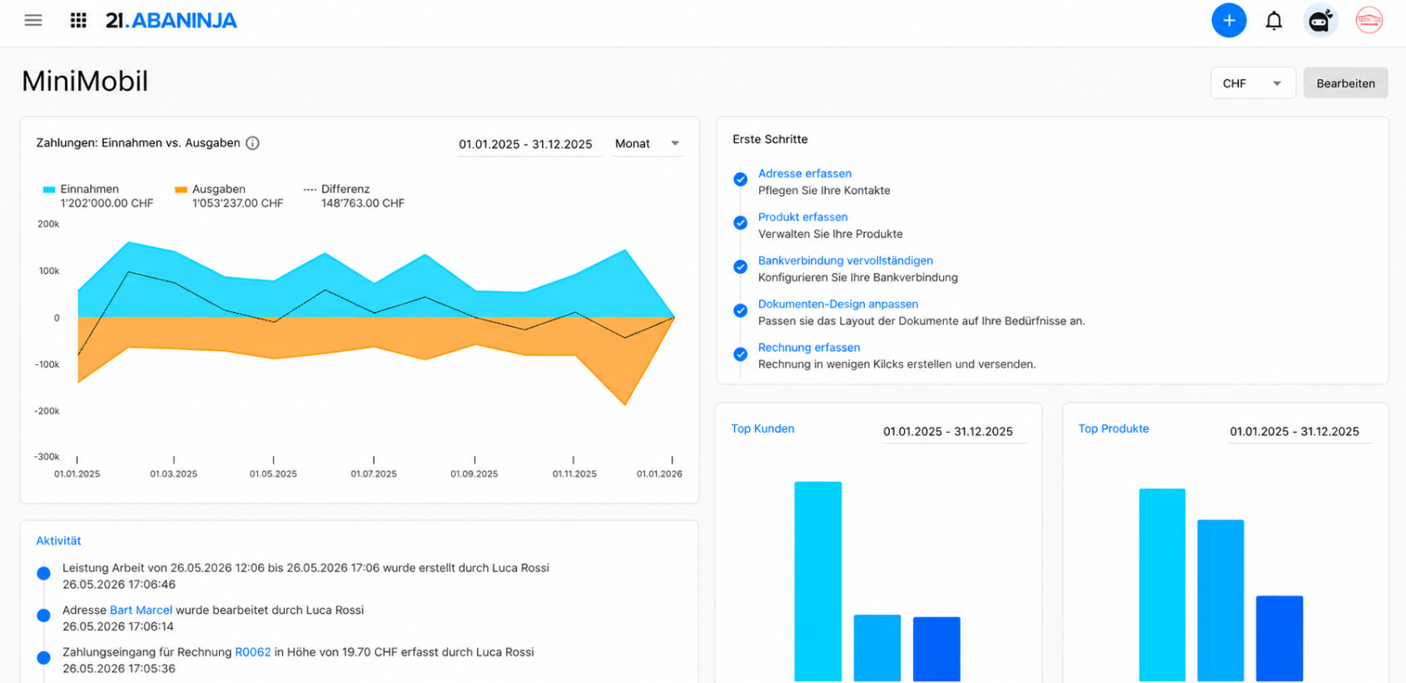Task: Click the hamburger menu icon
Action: pyautogui.click(x=33, y=21)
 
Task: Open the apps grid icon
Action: pyautogui.click(x=78, y=21)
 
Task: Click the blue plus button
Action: pyautogui.click(x=1229, y=21)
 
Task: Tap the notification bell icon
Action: pyautogui.click(x=1274, y=21)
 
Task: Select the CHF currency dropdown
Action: pyautogui.click(x=1253, y=83)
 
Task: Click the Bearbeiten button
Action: pyautogui.click(x=1346, y=83)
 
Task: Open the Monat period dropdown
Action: pyautogui.click(x=647, y=144)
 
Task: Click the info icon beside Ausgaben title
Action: pyautogui.click(x=252, y=143)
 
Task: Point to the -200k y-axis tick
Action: pyautogui.click(x=47, y=411)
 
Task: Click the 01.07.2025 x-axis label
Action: pyautogui.click(x=374, y=473)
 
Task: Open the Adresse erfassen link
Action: pyautogui.click(x=805, y=173)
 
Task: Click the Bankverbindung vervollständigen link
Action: pyautogui.click(x=846, y=260)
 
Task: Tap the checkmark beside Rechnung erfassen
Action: pyautogui.click(x=741, y=354)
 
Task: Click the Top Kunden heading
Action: pyautogui.click(x=763, y=428)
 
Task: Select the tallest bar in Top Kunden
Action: pyautogui.click(x=817, y=581)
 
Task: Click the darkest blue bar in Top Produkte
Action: pyautogui.click(x=1279, y=638)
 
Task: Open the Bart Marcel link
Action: pyautogui.click(x=141, y=610)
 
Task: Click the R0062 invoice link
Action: pyautogui.click(x=253, y=651)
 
